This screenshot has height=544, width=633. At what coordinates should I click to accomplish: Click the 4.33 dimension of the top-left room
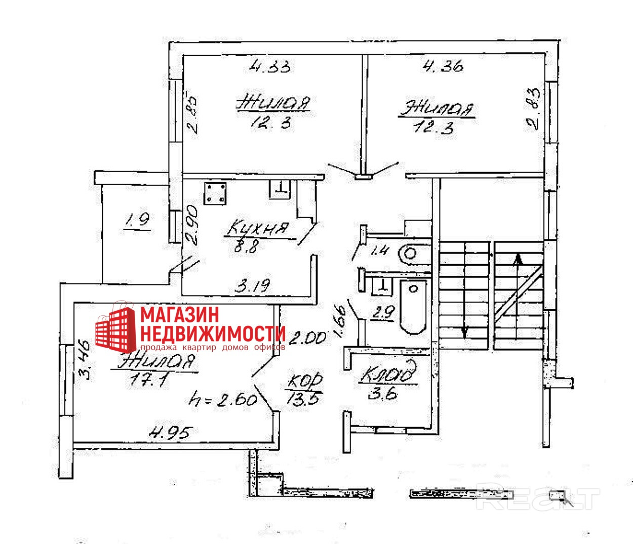271,66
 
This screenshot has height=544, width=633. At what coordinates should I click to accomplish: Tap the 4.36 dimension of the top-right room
443,66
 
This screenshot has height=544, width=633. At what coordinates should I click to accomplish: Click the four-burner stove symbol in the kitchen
216,193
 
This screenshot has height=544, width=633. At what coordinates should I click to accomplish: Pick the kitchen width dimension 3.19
254,286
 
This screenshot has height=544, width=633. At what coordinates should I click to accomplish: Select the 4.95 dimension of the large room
172,433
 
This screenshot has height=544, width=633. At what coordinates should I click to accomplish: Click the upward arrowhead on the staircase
518,260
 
